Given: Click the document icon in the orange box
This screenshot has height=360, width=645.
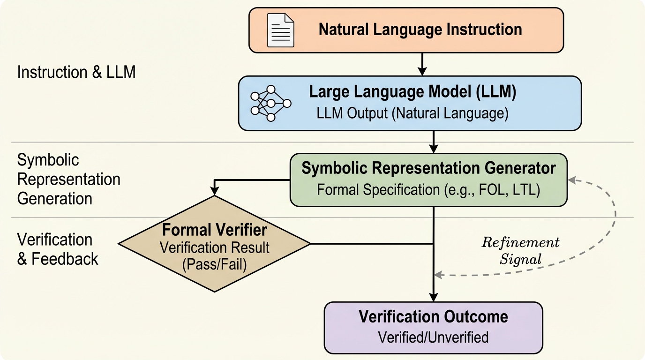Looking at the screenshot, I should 280,30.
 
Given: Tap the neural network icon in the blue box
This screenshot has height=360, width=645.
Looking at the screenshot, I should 270,103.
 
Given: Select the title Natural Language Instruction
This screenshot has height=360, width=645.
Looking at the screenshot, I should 420,30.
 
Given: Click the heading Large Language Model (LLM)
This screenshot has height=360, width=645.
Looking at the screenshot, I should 412,92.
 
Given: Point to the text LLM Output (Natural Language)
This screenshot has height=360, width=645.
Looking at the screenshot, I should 412,114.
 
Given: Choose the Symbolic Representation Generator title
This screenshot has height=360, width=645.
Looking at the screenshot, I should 428,168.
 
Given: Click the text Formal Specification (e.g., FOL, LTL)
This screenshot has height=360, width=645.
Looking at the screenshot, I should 428,189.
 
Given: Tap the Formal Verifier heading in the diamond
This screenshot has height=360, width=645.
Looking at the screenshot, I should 214,230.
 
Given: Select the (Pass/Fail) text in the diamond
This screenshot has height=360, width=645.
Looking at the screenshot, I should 214,264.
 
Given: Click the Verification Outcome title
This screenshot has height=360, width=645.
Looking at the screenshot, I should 433,316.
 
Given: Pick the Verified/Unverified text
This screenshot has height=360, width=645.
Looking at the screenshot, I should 433,337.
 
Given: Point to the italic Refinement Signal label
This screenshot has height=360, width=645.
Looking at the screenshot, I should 520,251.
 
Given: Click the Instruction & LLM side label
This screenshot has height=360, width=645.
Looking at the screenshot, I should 76,72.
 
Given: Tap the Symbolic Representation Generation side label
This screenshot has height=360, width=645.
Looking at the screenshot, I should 68,179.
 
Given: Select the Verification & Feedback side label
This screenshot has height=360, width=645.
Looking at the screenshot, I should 58,249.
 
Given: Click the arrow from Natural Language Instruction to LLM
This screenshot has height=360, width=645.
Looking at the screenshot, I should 422,64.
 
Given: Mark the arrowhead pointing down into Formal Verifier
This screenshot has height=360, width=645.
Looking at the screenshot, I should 215,190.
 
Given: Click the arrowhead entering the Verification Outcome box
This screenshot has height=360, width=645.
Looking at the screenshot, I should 434,297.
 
